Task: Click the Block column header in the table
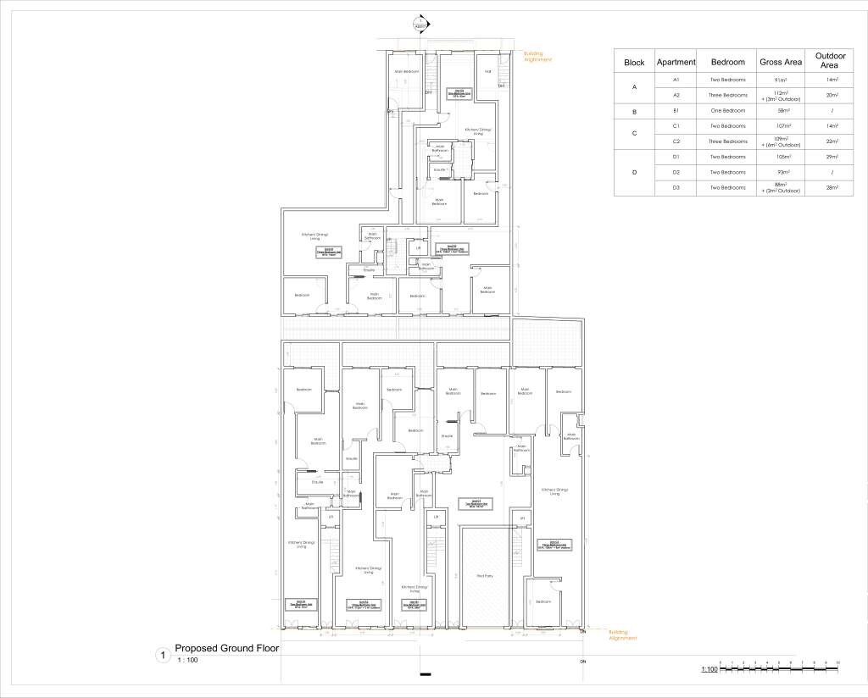click(x=634, y=63)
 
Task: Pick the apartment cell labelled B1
click(x=676, y=111)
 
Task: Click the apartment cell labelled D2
click(x=676, y=172)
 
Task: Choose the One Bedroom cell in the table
click(x=728, y=111)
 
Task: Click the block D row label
click(x=634, y=172)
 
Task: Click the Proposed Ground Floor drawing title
click(x=226, y=649)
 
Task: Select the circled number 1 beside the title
click(x=160, y=654)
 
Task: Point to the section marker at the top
click(x=419, y=23)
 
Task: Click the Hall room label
click(x=488, y=71)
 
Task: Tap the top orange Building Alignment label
click(x=538, y=57)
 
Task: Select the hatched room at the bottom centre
click(x=484, y=576)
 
